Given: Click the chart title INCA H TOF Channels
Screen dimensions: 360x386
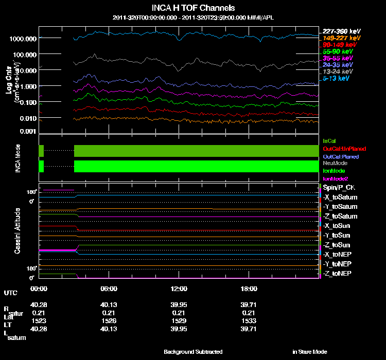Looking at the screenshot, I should (194, 8).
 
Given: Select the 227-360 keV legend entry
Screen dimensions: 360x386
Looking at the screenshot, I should (339, 32).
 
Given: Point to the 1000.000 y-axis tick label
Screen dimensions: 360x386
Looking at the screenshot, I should (23, 39).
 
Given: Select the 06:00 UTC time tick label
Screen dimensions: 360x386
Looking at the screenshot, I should (109, 289).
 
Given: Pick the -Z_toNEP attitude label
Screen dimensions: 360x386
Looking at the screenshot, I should (338, 273).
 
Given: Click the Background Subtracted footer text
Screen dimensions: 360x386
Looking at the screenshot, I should (193, 352).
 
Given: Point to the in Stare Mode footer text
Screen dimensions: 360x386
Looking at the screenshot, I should (309, 352).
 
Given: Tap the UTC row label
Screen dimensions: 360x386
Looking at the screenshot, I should (10, 293).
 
